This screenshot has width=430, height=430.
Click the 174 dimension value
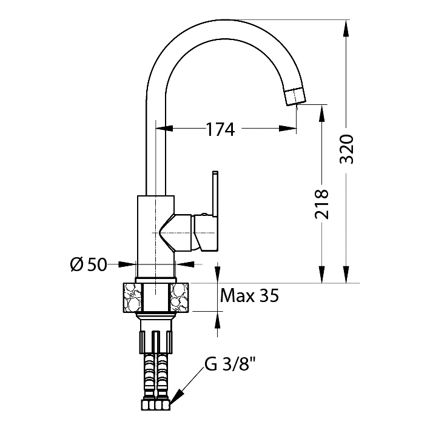[220, 129]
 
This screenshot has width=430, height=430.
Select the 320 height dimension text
[347, 149]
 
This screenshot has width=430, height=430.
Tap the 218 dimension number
[321, 204]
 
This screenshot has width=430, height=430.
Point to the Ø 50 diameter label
[89, 265]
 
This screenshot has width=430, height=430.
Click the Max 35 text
[249, 295]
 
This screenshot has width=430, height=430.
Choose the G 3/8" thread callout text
[230, 364]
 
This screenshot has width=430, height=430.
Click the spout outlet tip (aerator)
[295, 96]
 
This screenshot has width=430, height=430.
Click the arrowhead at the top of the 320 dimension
[346, 28]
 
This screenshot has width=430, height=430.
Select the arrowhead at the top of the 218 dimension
[321, 113]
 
